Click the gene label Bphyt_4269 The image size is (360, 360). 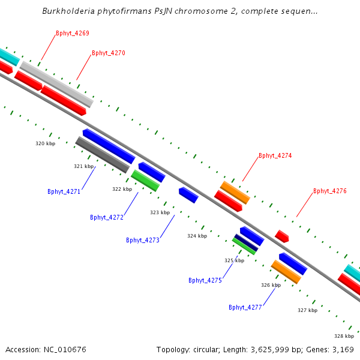[73, 33]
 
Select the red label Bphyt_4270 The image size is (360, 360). [109, 53]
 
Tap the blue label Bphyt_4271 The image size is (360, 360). [64, 191]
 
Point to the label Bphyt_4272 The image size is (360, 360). [107, 217]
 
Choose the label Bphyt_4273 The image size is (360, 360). [143, 240]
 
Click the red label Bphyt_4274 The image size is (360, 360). [275, 155]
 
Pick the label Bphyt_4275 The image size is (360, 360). [205, 280]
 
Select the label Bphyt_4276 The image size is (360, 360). [330, 191]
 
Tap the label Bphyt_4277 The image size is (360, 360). [245, 307]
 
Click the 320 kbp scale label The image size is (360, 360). [46, 143]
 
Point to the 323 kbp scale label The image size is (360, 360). [160, 212]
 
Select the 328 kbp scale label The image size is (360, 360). [344, 336]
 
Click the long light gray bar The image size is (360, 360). [57, 84]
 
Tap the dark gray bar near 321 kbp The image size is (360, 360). [103, 155]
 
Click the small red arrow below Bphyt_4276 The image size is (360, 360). [282, 236]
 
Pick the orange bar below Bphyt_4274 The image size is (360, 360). [235, 193]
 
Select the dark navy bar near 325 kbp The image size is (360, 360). [246, 242]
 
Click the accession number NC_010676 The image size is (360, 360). [65, 349]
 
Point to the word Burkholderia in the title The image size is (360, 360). [68, 11]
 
